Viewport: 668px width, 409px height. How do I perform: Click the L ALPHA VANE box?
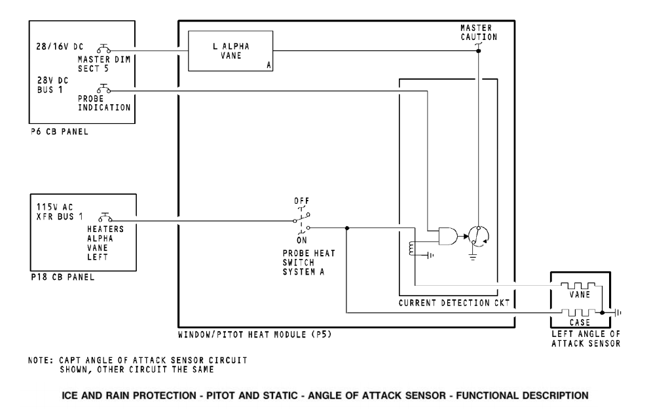231,51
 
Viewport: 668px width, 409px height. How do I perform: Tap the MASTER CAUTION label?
478,33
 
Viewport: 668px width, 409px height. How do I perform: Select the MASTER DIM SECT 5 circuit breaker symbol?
103,49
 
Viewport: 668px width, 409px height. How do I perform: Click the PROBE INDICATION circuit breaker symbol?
103,88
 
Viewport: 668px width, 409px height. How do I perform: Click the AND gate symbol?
447,235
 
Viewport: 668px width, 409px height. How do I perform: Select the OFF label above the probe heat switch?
302,200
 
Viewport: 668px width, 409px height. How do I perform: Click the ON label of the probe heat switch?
302,239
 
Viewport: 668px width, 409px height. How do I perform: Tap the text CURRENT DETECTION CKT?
454,304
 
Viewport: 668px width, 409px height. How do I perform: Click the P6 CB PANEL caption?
59,132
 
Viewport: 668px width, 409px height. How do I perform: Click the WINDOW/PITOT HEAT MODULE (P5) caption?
259,335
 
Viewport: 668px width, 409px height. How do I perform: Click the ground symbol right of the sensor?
617,313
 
